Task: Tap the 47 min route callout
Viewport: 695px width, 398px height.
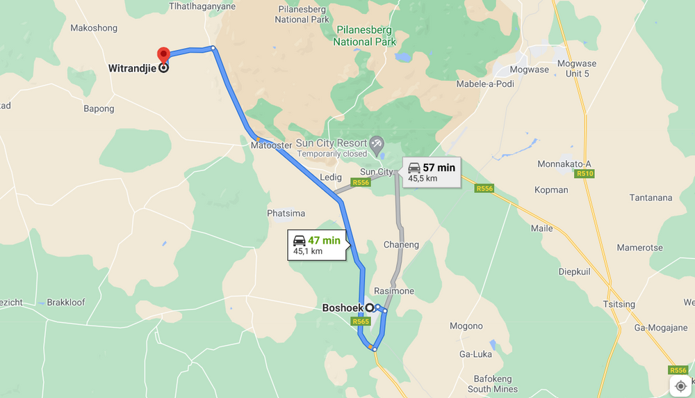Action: click(x=317, y=245)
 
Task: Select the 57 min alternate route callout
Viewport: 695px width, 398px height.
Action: click(x=432, y=172)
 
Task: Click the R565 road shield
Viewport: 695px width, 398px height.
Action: click(x=361, y=321)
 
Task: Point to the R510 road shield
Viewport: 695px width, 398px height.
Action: click(x=584, y=173)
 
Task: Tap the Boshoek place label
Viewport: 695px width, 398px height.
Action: click(x=343, y=308)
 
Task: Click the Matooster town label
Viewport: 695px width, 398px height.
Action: click(x=270, y=146)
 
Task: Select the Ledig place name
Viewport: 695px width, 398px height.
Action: click(x=331, y=177)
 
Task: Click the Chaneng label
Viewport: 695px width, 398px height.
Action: click(x=401, y=245)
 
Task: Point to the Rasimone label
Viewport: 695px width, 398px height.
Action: click(x=394, y=291)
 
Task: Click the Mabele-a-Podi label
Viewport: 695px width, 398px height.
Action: click(x=484, y=84)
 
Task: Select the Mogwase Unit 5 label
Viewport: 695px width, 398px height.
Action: click(x=577, y=68)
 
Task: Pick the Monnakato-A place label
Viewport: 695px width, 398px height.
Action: click(x=564, y=164)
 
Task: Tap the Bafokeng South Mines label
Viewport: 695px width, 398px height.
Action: click(x=493, y=384)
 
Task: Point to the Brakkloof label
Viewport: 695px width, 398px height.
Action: click(x=66, y=303)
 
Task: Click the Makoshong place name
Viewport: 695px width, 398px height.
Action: click(x=94, y=29)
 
